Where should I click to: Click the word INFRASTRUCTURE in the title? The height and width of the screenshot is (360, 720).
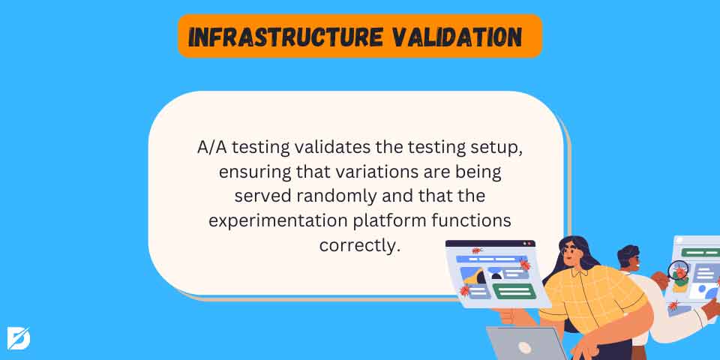tap(285, 37)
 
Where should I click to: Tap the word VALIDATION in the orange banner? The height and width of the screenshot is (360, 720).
tap(457, 37)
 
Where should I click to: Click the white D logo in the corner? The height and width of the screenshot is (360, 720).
tap(19, 338)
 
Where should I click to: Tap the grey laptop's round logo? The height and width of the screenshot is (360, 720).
tap(524, 347)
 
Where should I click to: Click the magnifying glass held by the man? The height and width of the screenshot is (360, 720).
tap(678, 270)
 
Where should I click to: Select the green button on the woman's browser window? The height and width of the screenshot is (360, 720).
tap(514, 291)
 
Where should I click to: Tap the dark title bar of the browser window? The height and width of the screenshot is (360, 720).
tap(490, 243)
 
